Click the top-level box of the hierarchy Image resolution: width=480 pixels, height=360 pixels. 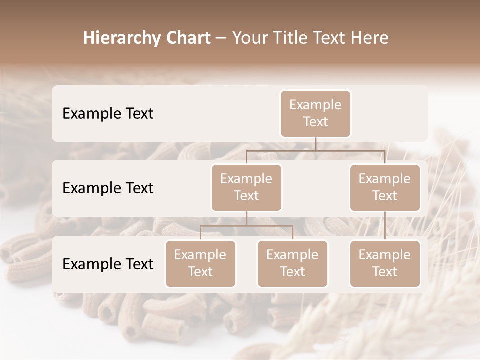tap(315, 114)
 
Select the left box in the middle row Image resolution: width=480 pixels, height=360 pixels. tap(246, 187)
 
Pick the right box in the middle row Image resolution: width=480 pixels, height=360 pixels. tap(385, 187)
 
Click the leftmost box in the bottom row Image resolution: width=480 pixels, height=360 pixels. tap(200, 263)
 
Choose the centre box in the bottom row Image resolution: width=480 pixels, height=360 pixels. tap(292, 263)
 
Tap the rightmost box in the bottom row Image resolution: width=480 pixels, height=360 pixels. tap(385, 263)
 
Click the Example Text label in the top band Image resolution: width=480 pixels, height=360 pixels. tap(108, 113)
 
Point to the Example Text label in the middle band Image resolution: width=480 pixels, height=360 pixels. tap(108, 188)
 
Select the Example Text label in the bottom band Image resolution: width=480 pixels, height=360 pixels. tap(108, 264)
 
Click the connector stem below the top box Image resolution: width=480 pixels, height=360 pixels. tap(315, 144)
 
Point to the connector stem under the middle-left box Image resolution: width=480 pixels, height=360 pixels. tap(246, 218)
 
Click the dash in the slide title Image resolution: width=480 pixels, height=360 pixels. tap(221, 38)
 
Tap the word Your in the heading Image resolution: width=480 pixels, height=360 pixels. tap(249, 38)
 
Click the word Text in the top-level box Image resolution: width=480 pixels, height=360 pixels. tap(315, 122)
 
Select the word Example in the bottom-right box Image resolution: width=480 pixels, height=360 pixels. tap(385, 255)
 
